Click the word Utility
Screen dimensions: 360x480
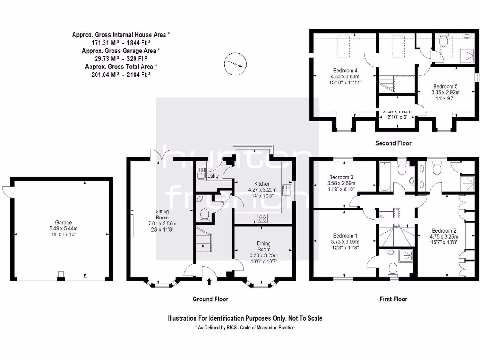(x=213, y=176)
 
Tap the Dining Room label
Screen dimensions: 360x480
(x=263, y=247)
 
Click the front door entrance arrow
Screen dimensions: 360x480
(x=209, y=281)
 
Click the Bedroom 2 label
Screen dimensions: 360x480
(x=444, y=231)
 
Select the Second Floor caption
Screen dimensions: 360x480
(x=393, y=143)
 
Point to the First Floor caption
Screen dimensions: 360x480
(x=393, y=299)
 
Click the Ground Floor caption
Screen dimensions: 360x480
(x=210, y=299)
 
